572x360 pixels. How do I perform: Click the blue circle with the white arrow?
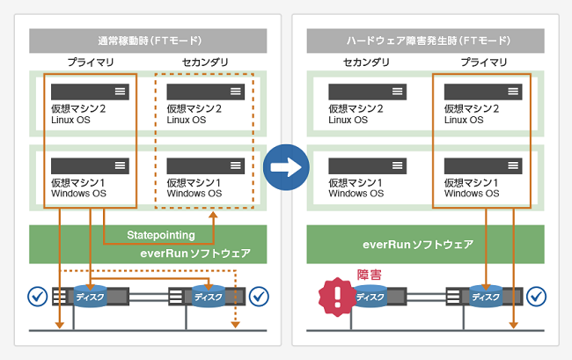tap(286, 167)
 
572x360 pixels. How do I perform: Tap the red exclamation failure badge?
tap(337, 297)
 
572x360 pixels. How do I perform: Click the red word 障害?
tap(370, 275)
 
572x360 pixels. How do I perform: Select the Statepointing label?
tap(161, 235)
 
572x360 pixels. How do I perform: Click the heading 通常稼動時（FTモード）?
tap(150, 40)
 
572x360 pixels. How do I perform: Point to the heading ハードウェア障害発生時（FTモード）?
tap(429, 40)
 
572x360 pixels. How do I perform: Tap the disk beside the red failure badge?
tap(370, 297)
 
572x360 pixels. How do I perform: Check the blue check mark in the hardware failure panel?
tap(536, 296)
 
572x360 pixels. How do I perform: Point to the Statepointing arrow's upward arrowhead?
tap(214, 215)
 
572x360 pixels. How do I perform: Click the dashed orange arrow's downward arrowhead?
tap(235, 324)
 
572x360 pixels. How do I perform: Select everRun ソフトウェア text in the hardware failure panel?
tap(418, 245)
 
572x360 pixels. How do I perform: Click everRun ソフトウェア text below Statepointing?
tap(195, 253)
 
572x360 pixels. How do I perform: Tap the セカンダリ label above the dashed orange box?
tap(205, 62)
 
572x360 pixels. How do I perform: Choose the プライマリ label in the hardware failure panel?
tap(484, 62)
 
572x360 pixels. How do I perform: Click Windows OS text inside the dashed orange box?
tap(194, 194)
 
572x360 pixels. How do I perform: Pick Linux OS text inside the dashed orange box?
tap(187, 120)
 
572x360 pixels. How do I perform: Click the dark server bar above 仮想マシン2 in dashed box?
tap(206, 92)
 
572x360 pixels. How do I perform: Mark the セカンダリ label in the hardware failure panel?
tap(366, 62)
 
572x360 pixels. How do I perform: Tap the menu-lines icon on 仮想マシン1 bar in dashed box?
tap(236, 165)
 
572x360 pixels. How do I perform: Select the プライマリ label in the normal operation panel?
tap(91, 62)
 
